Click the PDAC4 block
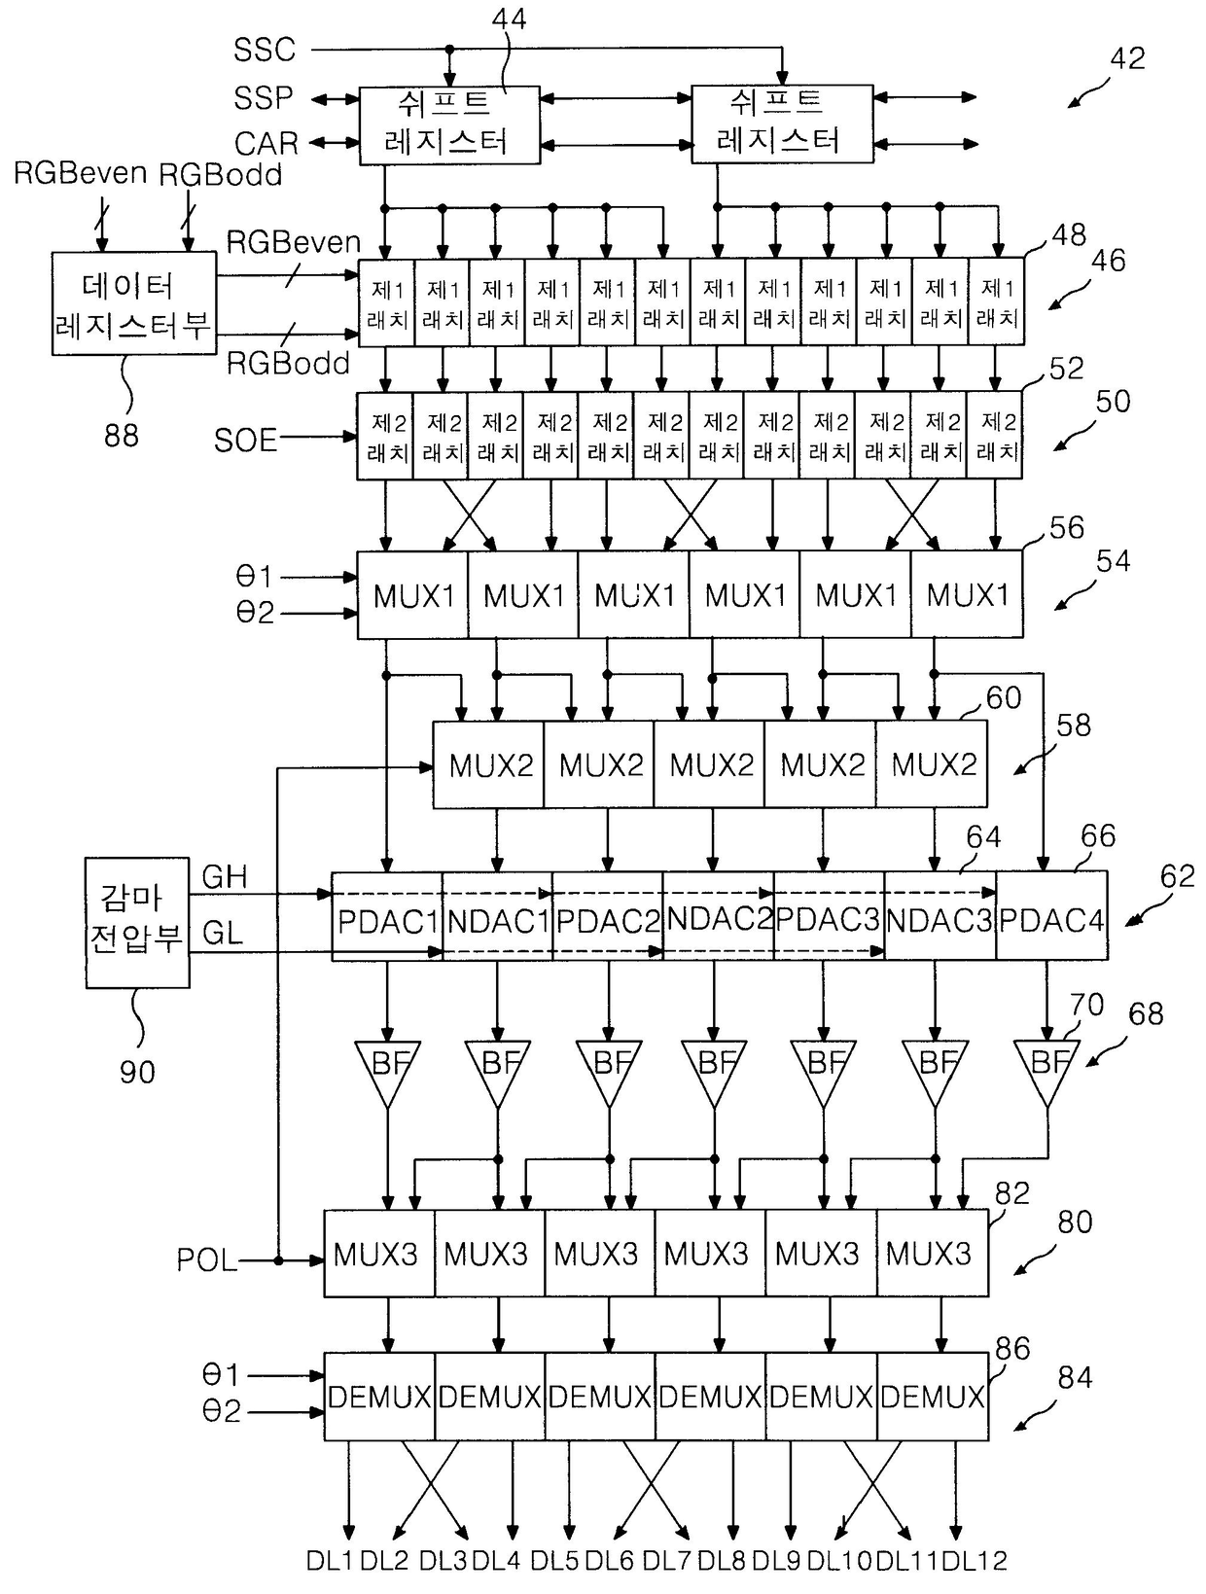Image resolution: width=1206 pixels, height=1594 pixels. tap(1051, 915)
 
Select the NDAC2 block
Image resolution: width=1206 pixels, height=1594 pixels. tap(718, 915)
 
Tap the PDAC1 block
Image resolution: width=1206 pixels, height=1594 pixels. tap(387, 915)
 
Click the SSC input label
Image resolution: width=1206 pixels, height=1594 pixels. tap(265, 51)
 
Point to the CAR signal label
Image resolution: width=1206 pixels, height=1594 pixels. tap(266, 143)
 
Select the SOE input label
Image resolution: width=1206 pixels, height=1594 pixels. tap(245, 440)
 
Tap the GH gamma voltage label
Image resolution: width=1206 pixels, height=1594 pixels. tap(225, 876)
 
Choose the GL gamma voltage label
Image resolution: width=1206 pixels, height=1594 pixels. tap(222, 933)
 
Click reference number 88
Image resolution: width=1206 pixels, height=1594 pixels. tap(122, 435)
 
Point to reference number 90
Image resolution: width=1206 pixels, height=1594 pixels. tap(137, 1072)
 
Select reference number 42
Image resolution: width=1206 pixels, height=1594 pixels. tap(1127, 58)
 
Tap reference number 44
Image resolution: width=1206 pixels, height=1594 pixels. tap(509, 18)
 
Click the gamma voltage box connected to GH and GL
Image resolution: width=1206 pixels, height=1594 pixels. tap(137, 922)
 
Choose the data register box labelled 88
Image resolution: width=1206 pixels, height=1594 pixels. tap(134, 303)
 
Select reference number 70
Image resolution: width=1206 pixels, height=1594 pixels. tap(1087, 1005)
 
